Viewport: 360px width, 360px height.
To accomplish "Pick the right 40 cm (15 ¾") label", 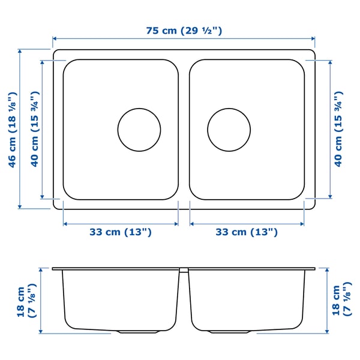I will (339, 129).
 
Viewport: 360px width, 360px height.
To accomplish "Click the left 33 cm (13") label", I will (120, 232).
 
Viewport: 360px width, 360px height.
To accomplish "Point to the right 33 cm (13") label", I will (247, 232).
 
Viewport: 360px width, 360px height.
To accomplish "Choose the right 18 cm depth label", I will (340, 300).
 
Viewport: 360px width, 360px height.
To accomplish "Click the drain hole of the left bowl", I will (139, 129).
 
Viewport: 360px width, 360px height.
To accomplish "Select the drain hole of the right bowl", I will (229, 129).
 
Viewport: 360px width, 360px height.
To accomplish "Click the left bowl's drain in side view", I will (139, 331).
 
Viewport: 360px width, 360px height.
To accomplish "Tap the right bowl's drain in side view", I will (229, 331).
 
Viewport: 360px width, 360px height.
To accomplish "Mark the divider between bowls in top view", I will (184, 129).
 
